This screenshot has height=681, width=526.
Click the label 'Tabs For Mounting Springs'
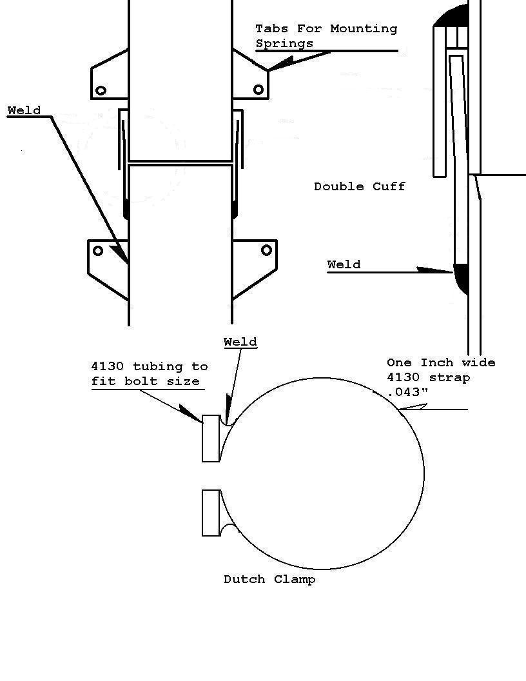pyautogui.click(x=326, y=36)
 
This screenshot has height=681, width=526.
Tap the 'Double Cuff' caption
pyautogui.click(x=360, y=186)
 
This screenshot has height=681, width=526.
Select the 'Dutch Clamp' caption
pyautogui.click(x=269, y=579)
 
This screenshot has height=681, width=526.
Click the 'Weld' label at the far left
pyautogui.click(x=24, y=110)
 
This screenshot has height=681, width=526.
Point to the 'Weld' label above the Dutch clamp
pyautogui.click(x=240, y=342)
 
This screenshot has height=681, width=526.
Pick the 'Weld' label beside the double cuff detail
pyautogui.click(x=344, y=264)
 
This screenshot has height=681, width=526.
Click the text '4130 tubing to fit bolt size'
pyautogui.click(x=150, y=374)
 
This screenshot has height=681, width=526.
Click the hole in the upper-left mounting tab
pyautogui.click(x=101, y=90)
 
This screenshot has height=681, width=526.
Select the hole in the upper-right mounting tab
pyautogui.click(x=258, y=90)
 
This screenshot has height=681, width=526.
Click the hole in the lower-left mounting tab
pyautogui.click(x=98, y=250)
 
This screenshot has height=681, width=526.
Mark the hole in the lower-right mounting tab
pyautogui.click(x=266, y=250)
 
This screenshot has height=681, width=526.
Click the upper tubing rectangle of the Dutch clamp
pyautogui.click(x=211, y=438)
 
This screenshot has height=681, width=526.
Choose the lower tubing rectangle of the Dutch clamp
pyautogui.click(x=211, y=513)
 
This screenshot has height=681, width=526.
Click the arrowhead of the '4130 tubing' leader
pyautogui.click(x=190, y=413)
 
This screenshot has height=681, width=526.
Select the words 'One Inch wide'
pyautogui.click(x=441, y=362)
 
